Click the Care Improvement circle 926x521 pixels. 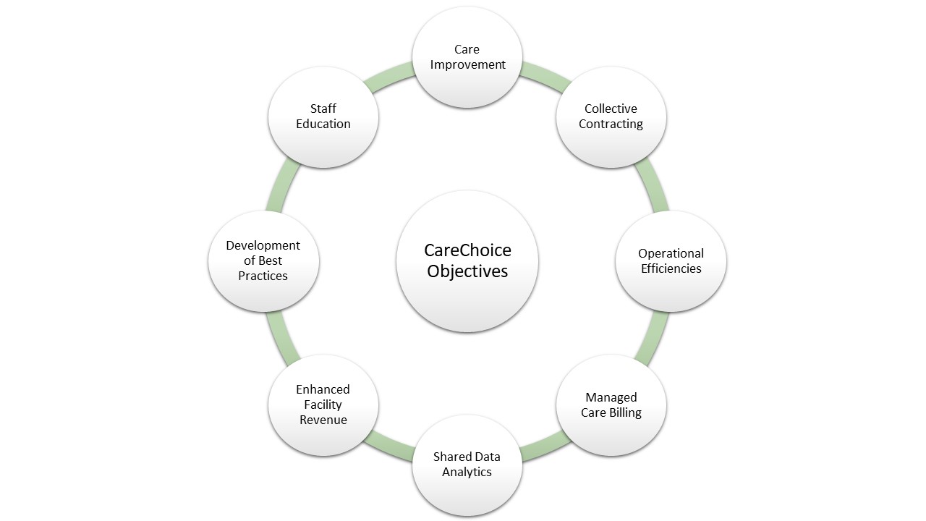pyautogui.click(x=467, y=57)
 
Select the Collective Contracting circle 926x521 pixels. pyautogui.click(x=611, y=117)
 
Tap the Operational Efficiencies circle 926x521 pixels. pyautogui.click(x=671, y=261)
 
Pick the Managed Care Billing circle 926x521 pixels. pyautogui.click(x=611, y=404)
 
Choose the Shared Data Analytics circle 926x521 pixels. pyautogui.click(x=467, y=465)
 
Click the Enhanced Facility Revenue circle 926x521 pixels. pyautogui.click(x=323, y=404)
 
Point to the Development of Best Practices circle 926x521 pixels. pyautogui.click(x=263, y=261)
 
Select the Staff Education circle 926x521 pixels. pyautogui.click(x=323, y=117)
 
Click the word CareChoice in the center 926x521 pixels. pyautogui.click(x=467, y=250)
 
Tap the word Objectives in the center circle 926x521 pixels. pyautogui.click(x=467, y=271)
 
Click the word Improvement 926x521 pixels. pyautogui.click(x=467, y=65)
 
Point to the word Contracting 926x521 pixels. pyautogui.click(x=611, y=124)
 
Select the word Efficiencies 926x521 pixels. pyautogui.click(x=671, y=268)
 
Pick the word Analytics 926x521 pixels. pyautogui.click(x=467, y=473)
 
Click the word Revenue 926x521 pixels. pyautogui.click(x=323, y=420)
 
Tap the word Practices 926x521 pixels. pyautogui.click(x=263, y=276)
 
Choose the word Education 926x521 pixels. pyautogui.click(x=323, y=124)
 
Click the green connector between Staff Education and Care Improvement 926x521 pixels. pyautogui.click(x=388, y=77)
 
